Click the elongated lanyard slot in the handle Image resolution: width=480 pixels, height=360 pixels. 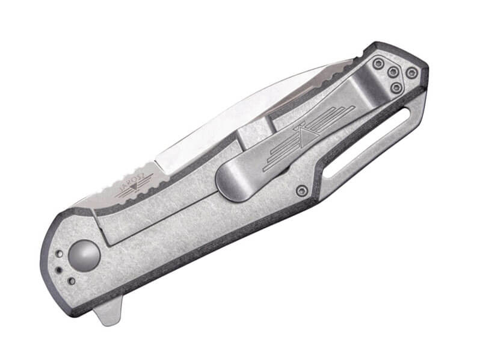pos(365,141)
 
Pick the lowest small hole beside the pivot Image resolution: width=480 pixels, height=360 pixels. pos(72,281)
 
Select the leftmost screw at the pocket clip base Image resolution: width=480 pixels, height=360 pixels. pos(377,63)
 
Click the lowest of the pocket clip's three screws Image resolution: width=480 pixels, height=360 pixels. pos(396,88)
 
